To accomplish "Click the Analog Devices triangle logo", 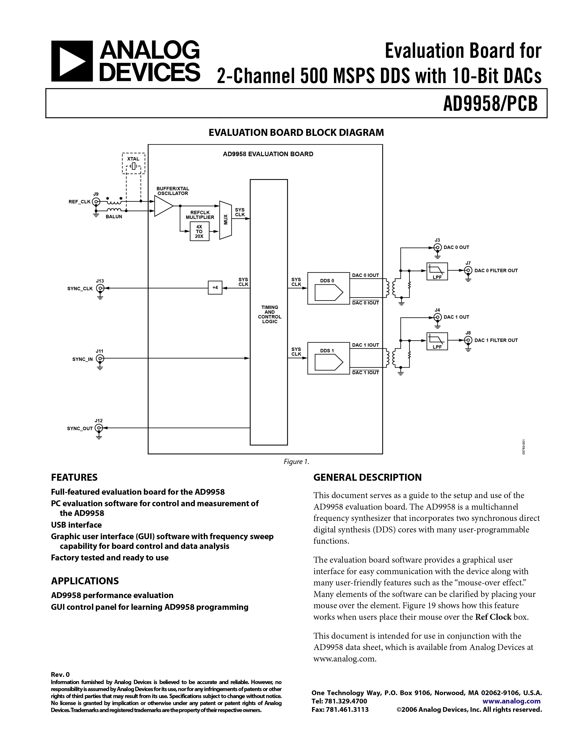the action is (x=72, y=61).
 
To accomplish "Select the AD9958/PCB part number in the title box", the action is (x=490, y=103).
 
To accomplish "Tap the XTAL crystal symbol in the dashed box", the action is (x=134, y=167).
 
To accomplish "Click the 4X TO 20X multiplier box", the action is (x=199, y=231).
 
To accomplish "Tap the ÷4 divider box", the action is (x=215, y=288).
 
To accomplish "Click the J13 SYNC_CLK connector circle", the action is (x=100, y=288).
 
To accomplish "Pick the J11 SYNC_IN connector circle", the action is (x=100, y=359).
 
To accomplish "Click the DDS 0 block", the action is (x=328, y=288).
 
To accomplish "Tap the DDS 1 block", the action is (x=328, y=358).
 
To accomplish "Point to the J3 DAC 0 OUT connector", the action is (x=437, y=247).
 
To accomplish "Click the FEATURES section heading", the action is (x=74, y=477).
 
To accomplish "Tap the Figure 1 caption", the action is (x=296, y=462).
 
